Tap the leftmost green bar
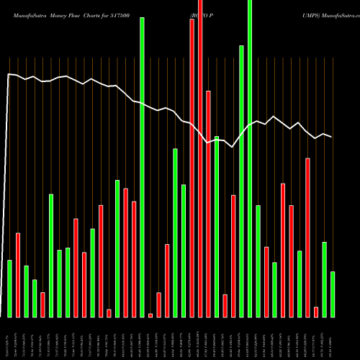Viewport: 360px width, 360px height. [9, 288]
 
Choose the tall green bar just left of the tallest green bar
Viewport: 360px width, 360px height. [241, 181]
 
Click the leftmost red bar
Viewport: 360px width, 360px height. [18, 274]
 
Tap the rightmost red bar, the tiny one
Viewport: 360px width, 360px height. [316, 312]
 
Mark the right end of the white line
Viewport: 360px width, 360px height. [332, 137]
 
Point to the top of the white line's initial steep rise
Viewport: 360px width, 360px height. [9, 74]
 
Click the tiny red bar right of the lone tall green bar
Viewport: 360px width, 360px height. [150, 315]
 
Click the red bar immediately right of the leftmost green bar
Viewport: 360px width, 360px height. [18, 274]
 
